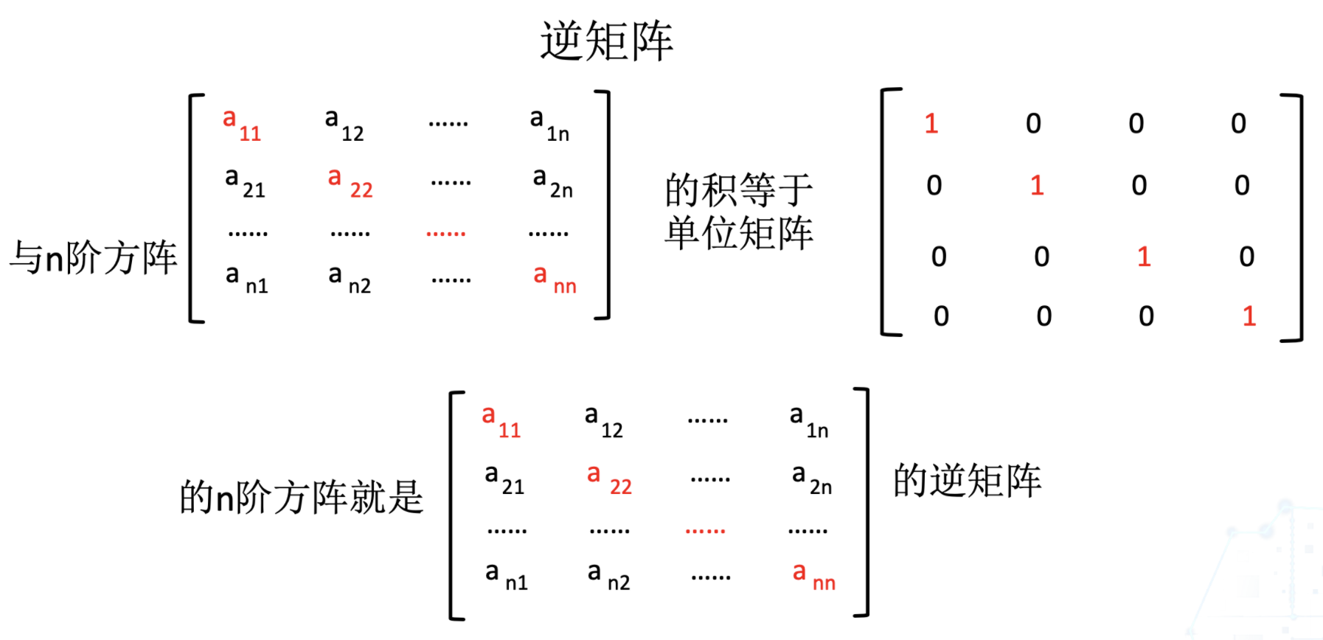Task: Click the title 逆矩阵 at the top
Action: click(606, 41)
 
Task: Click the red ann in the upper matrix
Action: click(555, 279)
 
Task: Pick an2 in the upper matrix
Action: click(350, 279)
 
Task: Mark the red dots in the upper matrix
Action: click(446, 233)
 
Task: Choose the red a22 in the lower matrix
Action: click(609, 479)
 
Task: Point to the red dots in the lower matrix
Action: click(705, 530)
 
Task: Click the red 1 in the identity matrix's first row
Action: click(931, 123)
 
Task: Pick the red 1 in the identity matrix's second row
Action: click(1037, 185)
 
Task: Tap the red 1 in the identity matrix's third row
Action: click(1144, 257)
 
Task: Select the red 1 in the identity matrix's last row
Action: click(1249, 316)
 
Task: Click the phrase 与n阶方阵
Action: click(93, 258)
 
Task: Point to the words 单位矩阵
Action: click(738, 233)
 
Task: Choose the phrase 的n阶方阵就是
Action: click(302, 496)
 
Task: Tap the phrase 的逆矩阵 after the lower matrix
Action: click(967, 480)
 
